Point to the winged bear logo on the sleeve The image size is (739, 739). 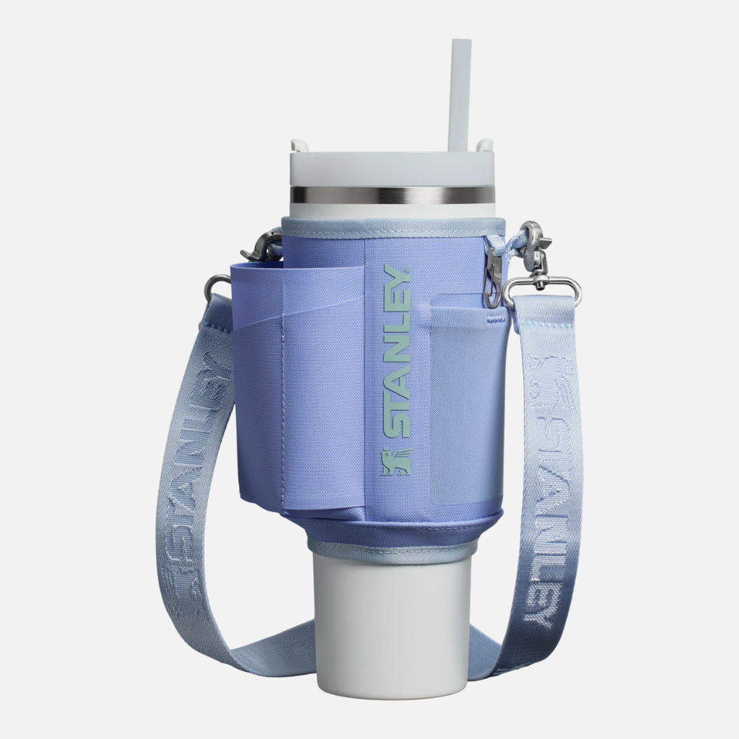(396, 462)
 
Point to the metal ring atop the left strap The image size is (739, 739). (214, 286)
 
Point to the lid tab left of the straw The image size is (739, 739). (299, 146)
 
